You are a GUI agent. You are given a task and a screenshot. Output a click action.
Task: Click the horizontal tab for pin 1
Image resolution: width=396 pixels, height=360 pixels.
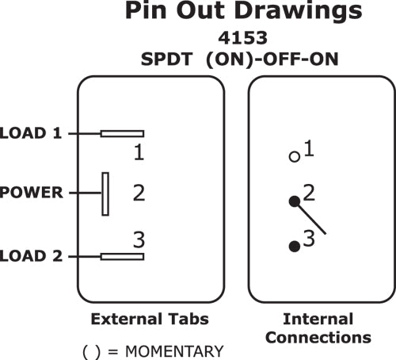pyautogui.click(x=122, y=133)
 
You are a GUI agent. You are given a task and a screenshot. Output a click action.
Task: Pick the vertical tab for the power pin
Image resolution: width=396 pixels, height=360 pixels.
pyautogui.click(x=105, y=193)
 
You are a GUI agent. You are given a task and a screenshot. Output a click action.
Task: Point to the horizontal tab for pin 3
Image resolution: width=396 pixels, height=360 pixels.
pyautogui.click(x=122, y=256)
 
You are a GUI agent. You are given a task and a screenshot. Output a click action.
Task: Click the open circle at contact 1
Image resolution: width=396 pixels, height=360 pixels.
pyautogui.click(x=294, y=156)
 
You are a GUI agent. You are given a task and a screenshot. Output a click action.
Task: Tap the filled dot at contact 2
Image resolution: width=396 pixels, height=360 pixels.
pyautogui.click(x=294, y=202)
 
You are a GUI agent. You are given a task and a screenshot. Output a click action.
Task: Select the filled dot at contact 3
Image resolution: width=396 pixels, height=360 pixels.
pyautogui.click(x=294, y=246)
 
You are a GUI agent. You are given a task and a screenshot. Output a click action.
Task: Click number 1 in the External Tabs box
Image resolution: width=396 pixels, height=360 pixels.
pyautogui.click(x=139, y=151)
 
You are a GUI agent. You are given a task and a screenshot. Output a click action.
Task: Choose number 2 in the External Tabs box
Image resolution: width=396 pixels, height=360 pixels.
pyautogui.click(x=139, y=193)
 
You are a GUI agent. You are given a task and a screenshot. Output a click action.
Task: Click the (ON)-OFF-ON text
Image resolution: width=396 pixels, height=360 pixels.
pyautogui.click(x=267, y=58)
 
